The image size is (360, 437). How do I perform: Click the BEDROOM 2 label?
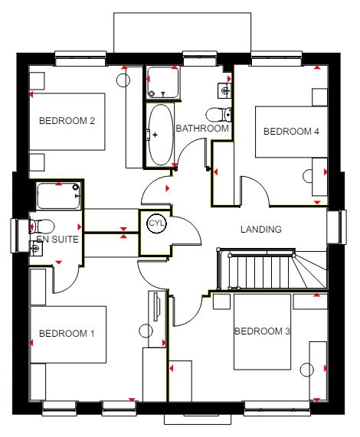[x=67, y=121]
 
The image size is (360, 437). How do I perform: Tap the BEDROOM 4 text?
[x=291, y=132]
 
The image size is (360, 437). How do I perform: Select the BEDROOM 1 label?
[x=67, y=334]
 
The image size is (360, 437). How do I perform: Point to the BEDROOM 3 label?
[x=263, y=331]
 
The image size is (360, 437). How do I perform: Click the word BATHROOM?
[x=202, y=129]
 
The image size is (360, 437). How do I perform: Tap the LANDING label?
[x=261, y=230]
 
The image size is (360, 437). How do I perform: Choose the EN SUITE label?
[x=57, y=239]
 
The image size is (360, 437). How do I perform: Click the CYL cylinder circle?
[x=157, y=223]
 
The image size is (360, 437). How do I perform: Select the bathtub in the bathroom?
[x=160, y=135]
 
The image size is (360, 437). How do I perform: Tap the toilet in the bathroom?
[x=218, y=115]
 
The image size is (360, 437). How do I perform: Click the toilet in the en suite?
[x=42, y=226]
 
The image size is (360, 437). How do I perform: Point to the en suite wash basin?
[x=36, y=248]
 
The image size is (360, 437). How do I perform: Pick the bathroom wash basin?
[x=224, y=90]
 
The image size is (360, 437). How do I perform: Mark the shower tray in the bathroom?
[x=163, y=83]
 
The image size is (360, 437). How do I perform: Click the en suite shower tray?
[x=58, y=196]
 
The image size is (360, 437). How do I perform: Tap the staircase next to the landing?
[x=273, y=269]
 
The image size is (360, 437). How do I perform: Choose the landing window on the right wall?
[x=336, y=227]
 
